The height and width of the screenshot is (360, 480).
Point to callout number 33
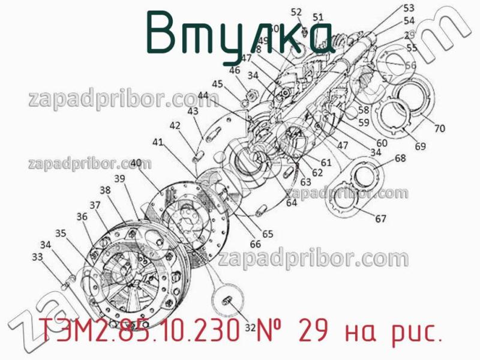pyautogui.click(x=37, y=257)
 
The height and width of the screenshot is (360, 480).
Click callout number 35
pyautogui.click(x=61, y=233)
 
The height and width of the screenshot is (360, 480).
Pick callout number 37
pyautogui.click(x=95, y=205)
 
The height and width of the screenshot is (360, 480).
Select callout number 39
pyautogui.click(x=119, y=178)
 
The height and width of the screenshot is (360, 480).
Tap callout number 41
pyautogui.click(x=158, y=142)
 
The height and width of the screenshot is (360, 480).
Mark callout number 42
pyautogui.click(x=175, y=125)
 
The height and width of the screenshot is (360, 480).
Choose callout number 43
pyautogui.click(x=193, y=111)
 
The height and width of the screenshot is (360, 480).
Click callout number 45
pyautogui.click(x=217, y=84)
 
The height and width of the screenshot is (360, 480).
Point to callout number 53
pyautogui.click(x=409, y=8)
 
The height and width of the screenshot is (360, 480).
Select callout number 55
pyautogui.click(x=412, y=47)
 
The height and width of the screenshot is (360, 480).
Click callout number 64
pyautogui.click(x=291, y=203)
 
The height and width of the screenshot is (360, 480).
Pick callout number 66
pyautogui.click(x=256, y=244)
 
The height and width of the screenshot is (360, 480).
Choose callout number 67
pyautogui.click(x=381, y=219)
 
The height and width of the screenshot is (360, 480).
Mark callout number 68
pyautogui.click(x=400, y=158)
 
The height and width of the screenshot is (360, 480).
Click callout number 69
pyautogui.click(x=420, y=146)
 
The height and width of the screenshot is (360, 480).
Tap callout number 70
pyautogui.click(x=440, y=128)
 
